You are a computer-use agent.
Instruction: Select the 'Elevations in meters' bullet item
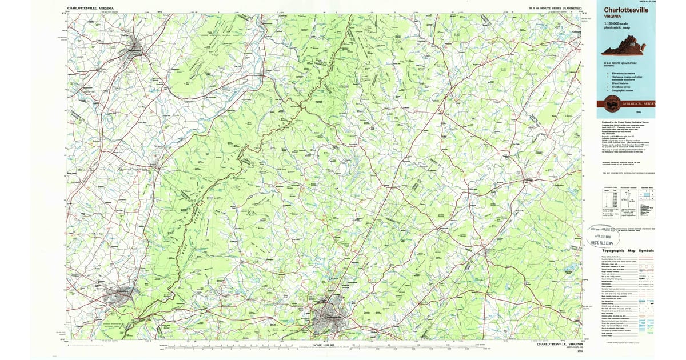pos(620,73)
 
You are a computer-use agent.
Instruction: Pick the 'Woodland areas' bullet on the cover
pos(619,86)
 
